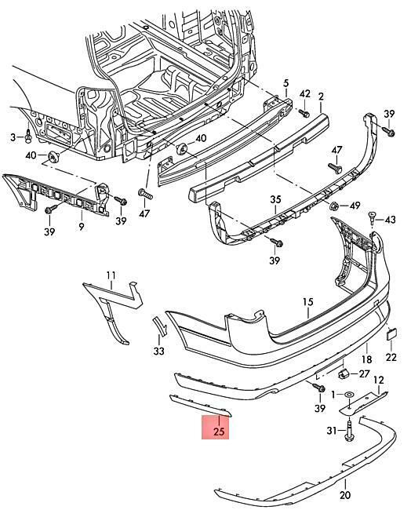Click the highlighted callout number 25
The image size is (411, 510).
tap(219, 432)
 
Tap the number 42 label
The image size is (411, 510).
tap(304, 94)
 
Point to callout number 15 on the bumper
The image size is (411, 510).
tap(307, 302)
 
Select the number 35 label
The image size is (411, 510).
tap(275, 199)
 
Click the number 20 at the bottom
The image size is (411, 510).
tap(345, 495)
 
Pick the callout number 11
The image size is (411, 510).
tap(111, 276)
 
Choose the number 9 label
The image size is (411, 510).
tap(82, 227)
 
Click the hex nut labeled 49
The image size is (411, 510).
tap(333, 206)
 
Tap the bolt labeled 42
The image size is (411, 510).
tap(304, 113)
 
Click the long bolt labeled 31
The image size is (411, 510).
tap(350, 430)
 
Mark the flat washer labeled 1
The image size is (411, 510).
tap(349, 395)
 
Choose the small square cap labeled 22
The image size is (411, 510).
tap(391, 334)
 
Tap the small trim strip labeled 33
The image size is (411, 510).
tap(160, 326)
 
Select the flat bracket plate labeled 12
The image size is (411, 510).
tap(363, 403)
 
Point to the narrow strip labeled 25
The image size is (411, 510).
tap(201, 406)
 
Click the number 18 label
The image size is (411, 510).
tap(366, 359)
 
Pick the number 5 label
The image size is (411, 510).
tap(286, 83)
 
